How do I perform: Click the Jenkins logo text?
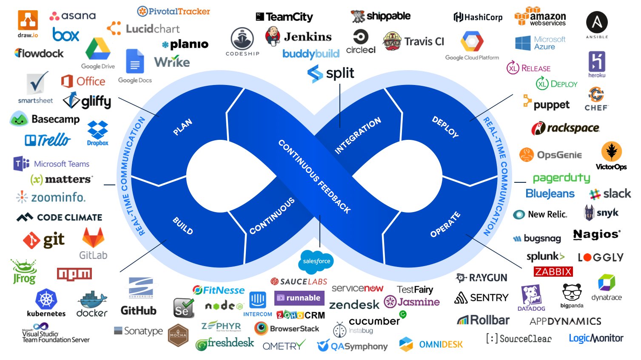[308, 37]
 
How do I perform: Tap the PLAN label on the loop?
[182, 127]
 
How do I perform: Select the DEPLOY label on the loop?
[445, 127]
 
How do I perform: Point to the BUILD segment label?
[183, 226]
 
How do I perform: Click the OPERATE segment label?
[445, 224]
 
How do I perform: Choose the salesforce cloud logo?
[316, 261]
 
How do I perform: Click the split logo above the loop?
[331, 74]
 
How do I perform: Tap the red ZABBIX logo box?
[553, 272]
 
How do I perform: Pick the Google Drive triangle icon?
[98, 49]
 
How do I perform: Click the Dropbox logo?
[97, 133]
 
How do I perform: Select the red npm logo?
[74, 274]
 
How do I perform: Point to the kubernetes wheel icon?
[46, 299]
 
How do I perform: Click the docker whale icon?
[92, 300]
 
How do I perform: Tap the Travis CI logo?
[413, 41]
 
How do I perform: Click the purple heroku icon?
[597, 62]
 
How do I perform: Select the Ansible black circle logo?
[597, 22]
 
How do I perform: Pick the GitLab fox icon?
[93, 238]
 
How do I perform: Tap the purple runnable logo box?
[299, 298]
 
